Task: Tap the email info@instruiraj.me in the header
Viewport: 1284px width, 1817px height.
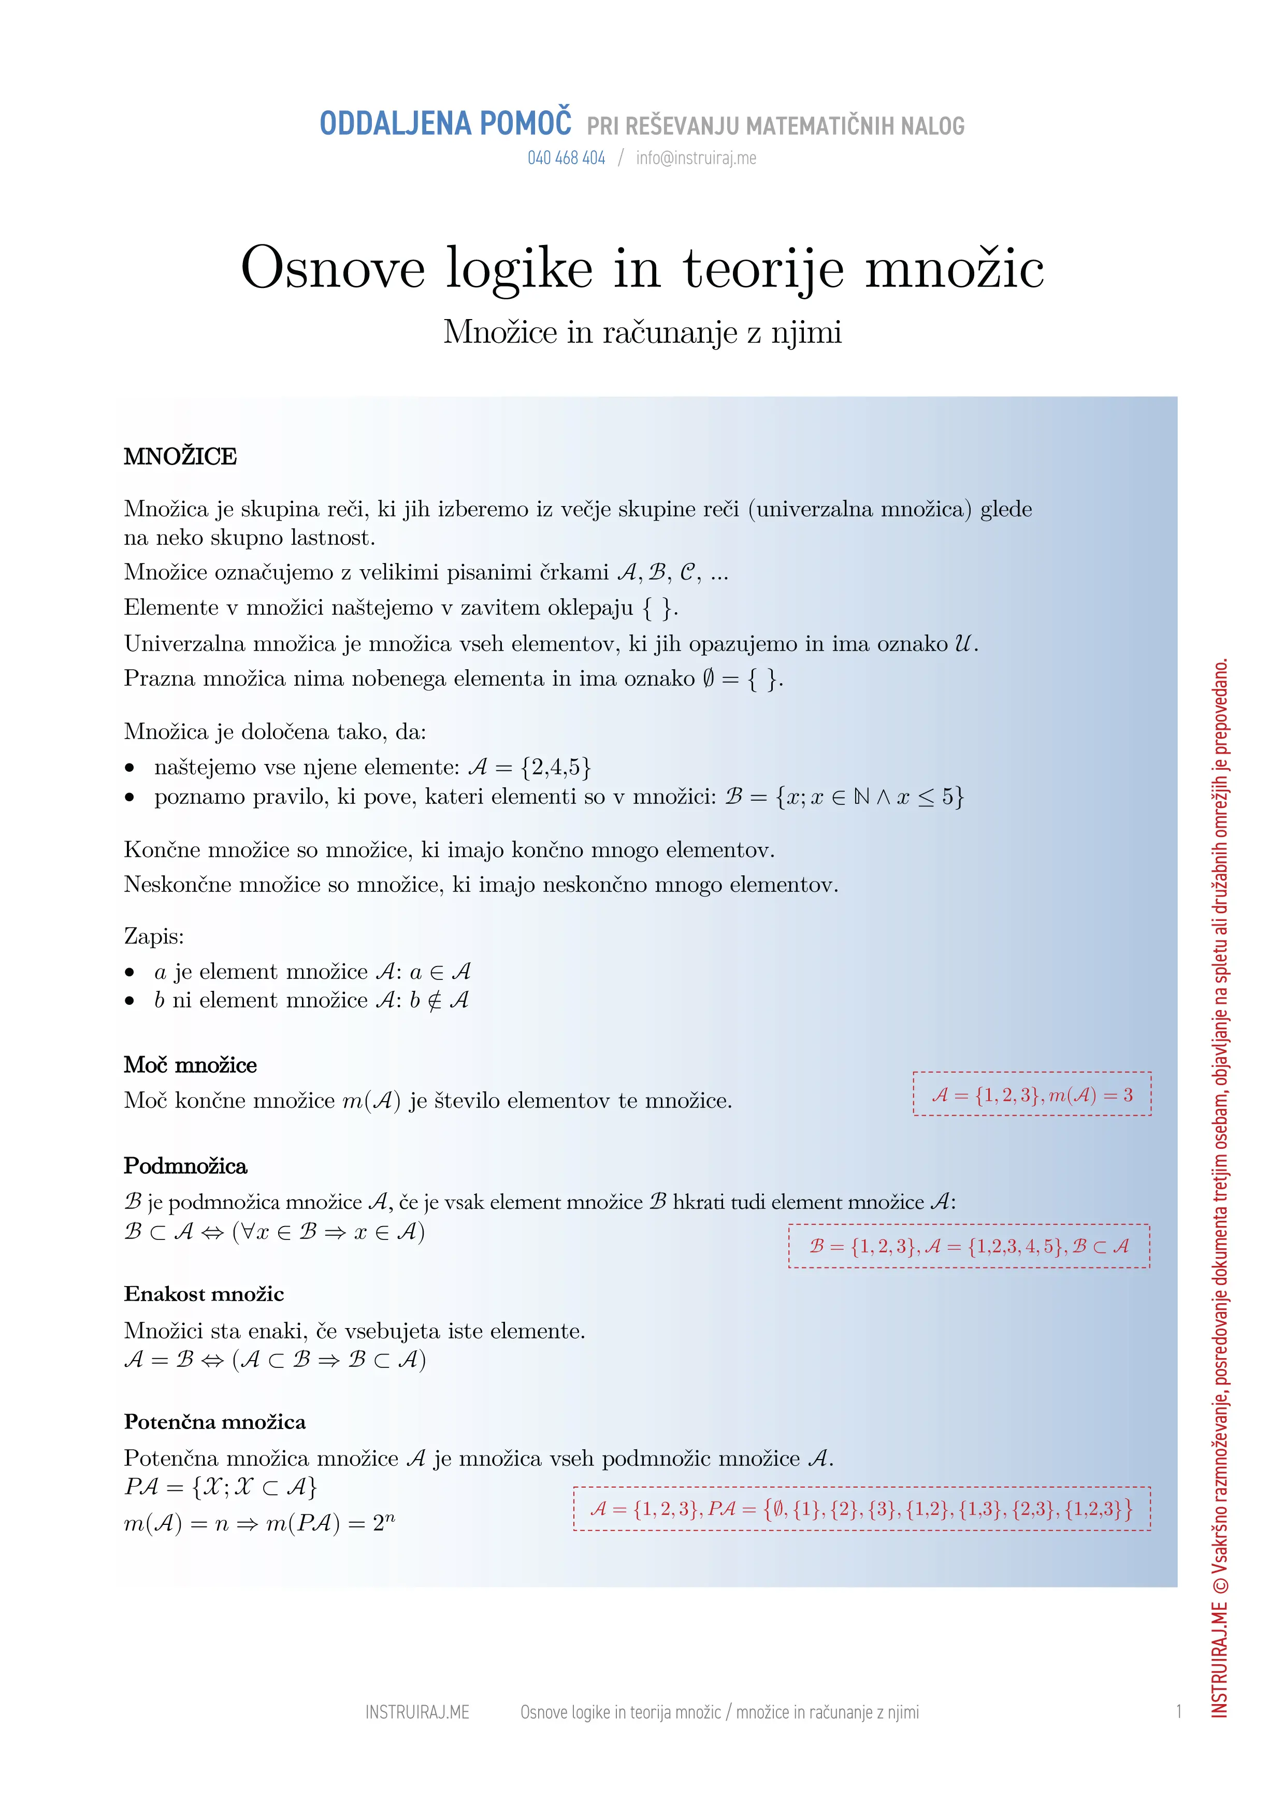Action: click(x=696, y=158)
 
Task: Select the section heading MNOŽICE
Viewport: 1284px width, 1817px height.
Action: click(x=180, y=457)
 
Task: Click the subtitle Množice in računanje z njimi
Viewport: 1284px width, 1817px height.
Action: click(x=642, y=333)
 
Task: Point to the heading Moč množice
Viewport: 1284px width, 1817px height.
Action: click(x=190, y=1065)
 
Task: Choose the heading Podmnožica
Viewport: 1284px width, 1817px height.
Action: click(x=185, y=1166)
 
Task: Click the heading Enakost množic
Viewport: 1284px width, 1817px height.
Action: click(x=204, y=1294)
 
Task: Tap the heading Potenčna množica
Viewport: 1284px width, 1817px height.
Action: click(x=214, y=1422)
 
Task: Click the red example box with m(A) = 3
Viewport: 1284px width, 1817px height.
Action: click(x=1032, y=1094)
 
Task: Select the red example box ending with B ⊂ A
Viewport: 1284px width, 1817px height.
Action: click(x=969, y=1246)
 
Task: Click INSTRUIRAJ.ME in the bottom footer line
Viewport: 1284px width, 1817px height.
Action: click(x=417, y=1712)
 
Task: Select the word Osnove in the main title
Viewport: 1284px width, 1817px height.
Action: click(x=333, y=269)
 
